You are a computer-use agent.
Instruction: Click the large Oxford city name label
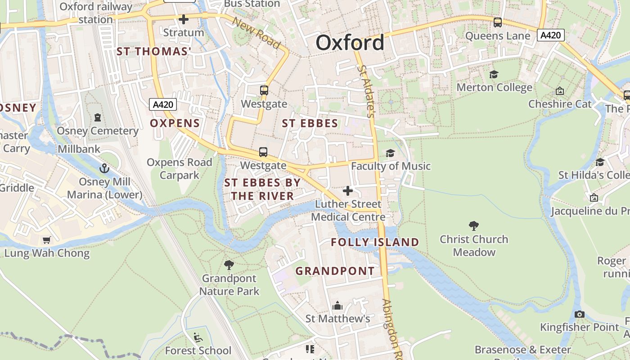click(x=350, y=43)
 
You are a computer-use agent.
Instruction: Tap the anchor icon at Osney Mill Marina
click(x=104, y=168)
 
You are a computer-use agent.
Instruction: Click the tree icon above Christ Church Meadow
click(x=473, y=225)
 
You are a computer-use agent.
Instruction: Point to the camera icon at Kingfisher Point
click(x=580, y=314)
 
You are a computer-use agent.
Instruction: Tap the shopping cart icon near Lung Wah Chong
click(x=47, y=240)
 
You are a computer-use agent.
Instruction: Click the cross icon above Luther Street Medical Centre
click(x=347, y=191)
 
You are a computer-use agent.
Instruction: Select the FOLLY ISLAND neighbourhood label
click(x=375, y=242)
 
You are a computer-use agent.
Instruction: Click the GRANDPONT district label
click(x=335, y=271)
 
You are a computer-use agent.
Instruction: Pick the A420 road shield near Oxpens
click(x=163, y=105)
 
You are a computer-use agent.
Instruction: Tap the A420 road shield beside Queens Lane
click(x=550, y=35)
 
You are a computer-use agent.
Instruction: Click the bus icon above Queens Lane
click(x=498, y=22)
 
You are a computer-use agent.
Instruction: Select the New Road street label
click(x=257, y=33)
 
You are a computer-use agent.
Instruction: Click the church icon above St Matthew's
click(x=337, y=306)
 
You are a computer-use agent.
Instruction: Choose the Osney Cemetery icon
click(x=98, y=117)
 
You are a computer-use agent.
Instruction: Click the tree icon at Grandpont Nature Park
click(x=229, y=265)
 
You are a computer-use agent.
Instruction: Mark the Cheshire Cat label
click(x=560, y=104)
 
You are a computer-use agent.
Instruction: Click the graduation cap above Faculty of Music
click(x=390, y=153)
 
